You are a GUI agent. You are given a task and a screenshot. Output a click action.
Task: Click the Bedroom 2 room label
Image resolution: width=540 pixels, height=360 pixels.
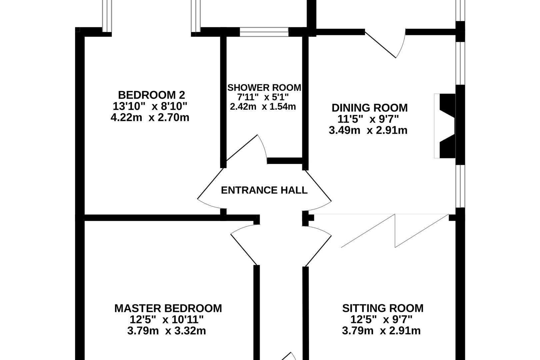151,95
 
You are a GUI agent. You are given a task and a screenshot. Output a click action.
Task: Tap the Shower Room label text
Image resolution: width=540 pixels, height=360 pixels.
264,88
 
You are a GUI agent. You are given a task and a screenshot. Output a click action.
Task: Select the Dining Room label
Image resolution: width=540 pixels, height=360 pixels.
369,108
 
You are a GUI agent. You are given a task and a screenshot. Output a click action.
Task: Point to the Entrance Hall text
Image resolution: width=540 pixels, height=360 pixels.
264,190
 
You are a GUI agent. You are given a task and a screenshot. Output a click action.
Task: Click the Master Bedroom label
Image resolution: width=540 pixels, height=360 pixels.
168,308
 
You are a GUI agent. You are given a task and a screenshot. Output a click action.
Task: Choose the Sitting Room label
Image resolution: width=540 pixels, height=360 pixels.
383,308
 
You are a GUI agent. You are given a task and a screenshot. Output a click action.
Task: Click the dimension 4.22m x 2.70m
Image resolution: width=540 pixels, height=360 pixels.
150,117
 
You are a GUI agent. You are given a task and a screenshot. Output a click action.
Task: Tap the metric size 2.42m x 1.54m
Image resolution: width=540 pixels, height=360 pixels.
263,107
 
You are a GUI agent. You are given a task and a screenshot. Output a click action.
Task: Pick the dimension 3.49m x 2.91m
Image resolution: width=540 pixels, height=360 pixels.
368,130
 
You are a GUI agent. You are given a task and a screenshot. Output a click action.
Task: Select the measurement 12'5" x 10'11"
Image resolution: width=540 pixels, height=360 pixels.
166,320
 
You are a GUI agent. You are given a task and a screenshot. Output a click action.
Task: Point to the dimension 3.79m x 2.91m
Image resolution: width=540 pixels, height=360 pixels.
381,331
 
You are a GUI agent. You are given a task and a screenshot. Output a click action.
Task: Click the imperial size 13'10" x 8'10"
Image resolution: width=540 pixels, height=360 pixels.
150,106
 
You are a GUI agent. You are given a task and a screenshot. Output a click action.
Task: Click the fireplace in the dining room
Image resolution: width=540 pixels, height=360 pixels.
447,126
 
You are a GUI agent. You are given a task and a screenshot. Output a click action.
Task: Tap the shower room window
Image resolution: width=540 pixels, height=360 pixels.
264,32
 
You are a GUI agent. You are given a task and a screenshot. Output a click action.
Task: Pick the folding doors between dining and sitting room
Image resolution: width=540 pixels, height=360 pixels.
395,230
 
